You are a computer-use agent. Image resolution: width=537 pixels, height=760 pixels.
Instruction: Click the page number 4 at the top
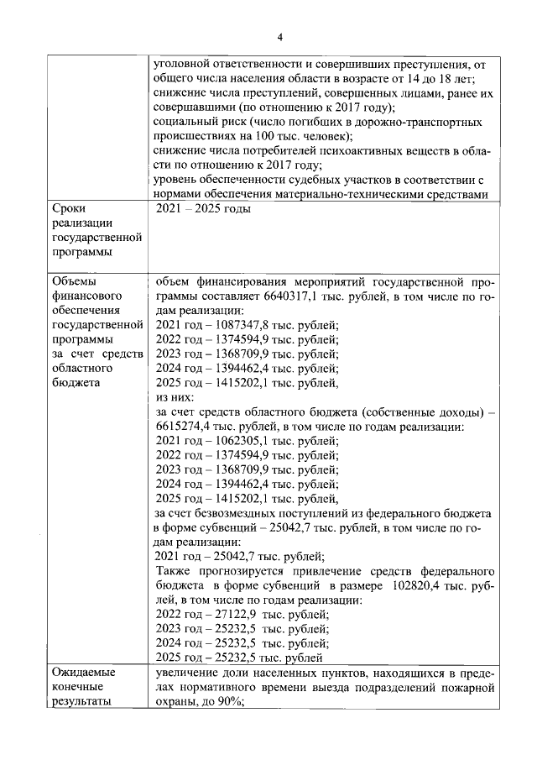[281, 34]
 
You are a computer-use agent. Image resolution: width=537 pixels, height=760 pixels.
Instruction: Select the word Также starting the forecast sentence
[177, 570]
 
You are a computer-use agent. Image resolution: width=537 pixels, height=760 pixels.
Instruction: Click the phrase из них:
[175, 396]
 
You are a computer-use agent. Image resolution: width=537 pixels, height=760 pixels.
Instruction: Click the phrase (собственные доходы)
[427, 411]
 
